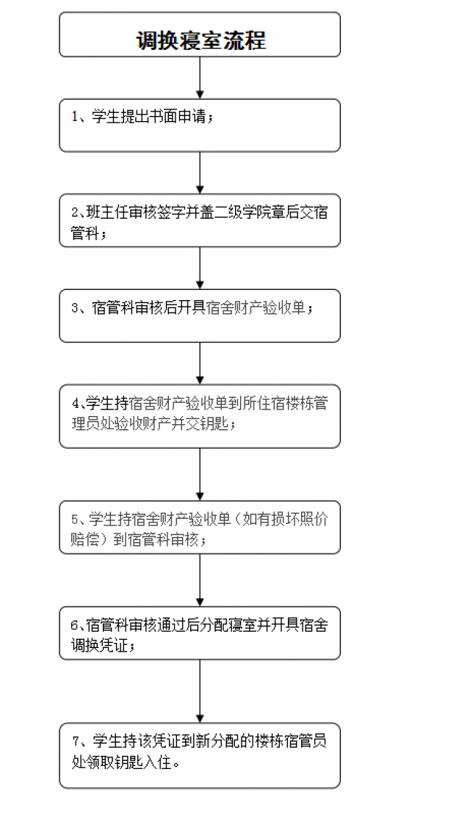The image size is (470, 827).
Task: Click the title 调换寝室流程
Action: tap(200, 40)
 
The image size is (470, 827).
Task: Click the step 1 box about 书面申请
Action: tap(200, 125)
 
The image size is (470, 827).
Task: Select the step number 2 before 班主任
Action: tap(74, 213)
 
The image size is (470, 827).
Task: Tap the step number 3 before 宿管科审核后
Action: tap(74, 308)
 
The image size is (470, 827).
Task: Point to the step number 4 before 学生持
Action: tap(74, 404)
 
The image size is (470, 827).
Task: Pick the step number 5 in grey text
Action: tap(74, 520)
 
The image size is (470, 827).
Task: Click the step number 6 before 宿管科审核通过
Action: tap(74, 625)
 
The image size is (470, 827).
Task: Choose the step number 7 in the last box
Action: tap(74, 742)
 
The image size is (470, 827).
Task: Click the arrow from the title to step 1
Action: tap(200, 78)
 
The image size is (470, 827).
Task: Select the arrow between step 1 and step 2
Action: tap(200, 172)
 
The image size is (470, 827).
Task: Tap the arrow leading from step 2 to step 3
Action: tap(200, 268)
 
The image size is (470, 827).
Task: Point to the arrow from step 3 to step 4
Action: tap(200, 363)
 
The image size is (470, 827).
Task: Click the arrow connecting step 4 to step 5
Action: tap(200, 474)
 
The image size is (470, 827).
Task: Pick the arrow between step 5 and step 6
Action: tap(200, 580)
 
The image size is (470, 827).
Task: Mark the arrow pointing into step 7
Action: tap(200, 691)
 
